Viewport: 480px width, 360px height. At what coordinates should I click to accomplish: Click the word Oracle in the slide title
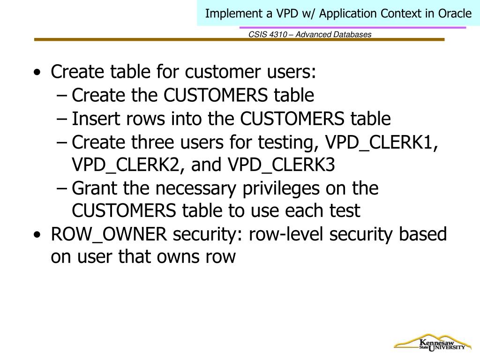coord(455,14)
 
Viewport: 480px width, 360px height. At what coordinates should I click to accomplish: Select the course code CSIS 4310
coord(266,35)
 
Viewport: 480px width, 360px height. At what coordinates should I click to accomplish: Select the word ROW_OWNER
coord(109,235)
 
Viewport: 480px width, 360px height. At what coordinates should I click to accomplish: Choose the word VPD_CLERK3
coord(282,165)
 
